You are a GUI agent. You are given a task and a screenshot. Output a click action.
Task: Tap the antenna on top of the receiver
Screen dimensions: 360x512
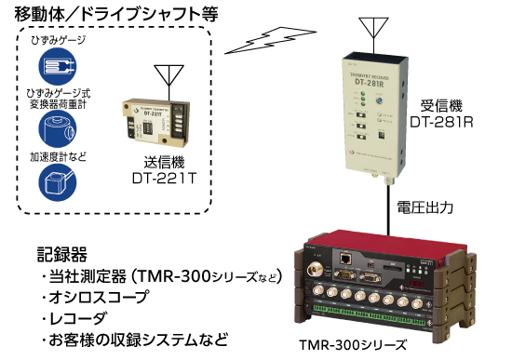click(x=374, y=28)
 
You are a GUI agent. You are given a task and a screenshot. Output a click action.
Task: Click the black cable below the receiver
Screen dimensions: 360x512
click(x=384, y=205)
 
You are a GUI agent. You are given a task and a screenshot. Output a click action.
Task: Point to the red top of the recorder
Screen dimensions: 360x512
click(x=391, y=238)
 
